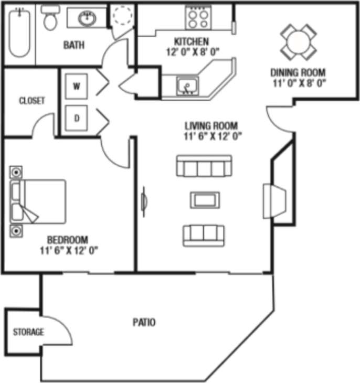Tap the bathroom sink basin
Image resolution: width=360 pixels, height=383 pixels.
[87, 19]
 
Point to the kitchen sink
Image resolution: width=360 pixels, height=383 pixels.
[186, 85]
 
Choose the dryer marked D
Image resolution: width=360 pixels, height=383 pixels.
[77, 118]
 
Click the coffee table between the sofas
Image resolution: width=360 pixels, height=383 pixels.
[204, 200]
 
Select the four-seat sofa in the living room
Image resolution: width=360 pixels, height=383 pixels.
[204, 167]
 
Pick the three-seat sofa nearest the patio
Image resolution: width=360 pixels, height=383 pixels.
[204, 235]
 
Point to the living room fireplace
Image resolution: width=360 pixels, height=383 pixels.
[275, 201]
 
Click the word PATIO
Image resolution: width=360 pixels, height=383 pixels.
[144, 323]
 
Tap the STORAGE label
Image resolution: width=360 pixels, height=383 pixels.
[28, 332]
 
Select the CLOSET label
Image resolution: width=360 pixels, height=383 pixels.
[32, 100]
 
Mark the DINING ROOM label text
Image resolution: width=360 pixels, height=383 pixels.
[298, 72]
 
